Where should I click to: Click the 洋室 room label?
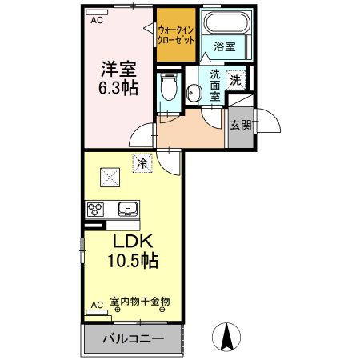[x=118, y=68]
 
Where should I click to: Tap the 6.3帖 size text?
[x=118, y=87]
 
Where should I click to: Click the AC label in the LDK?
[x=97, y=305]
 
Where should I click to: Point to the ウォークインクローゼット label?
[x=176, y=34]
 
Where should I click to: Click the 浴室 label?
[x=224, y=47]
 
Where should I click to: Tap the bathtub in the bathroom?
[x=225, y=23]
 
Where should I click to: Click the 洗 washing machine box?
[x=235, y=80]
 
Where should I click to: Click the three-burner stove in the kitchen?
[x=97, y=210]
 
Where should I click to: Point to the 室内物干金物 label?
[x=140, y=302]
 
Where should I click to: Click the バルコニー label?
[x=133, y=339]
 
